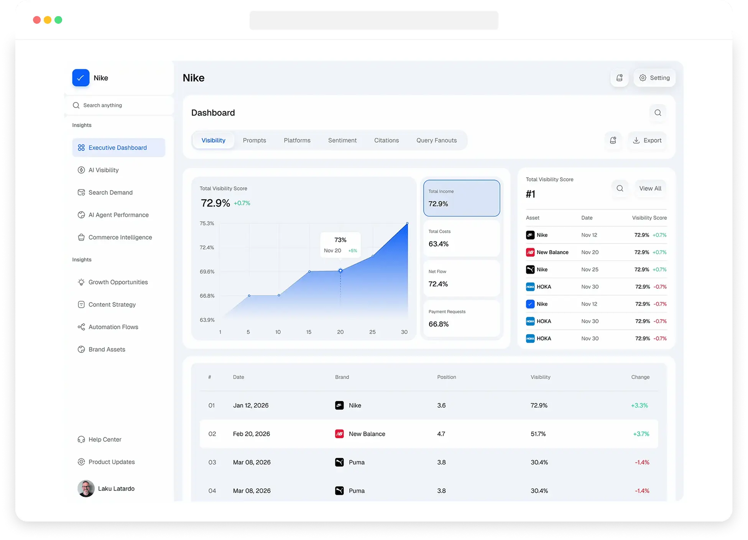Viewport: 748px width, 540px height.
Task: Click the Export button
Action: pos(647,140)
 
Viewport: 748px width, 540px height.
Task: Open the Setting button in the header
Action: pos(654,78)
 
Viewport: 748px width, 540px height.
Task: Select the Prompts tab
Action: pos(254,140)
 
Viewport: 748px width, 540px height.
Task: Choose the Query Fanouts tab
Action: pos(436,140)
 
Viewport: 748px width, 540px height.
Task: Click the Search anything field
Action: pos(119,105)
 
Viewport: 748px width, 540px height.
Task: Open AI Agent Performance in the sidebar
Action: pos(118,215)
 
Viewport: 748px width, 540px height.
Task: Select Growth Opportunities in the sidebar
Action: pos(118,282)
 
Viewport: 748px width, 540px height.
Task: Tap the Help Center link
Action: pos(105,440)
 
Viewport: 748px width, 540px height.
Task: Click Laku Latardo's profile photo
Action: pos(86,489)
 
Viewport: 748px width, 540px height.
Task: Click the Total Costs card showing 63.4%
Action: pos(462,238)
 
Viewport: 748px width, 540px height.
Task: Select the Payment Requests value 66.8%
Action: pos(439,324)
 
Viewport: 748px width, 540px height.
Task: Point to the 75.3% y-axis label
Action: pos(207,223)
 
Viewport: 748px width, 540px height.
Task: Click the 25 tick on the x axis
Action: pos(372,332)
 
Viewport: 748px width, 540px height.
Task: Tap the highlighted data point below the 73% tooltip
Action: pos(340,271)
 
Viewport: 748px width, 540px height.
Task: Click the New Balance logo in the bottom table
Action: pos(339,434)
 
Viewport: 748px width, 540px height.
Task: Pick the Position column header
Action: pos(447,377)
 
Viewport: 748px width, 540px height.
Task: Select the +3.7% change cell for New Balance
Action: pos(641,434)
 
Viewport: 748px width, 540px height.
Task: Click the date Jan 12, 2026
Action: pos(251,405)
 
